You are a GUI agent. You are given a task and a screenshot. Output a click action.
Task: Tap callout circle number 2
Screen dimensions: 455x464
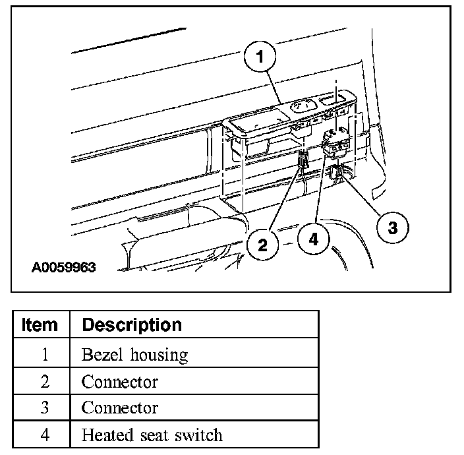coord(263,245)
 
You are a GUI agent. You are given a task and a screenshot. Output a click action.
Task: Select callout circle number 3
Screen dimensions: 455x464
coord(391,228)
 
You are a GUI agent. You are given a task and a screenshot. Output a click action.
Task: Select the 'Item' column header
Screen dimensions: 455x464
coord(40,325)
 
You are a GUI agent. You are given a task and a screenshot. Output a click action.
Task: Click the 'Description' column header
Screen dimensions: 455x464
coord(131,325)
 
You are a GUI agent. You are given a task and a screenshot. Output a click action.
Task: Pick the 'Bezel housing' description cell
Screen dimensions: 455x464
coord(134,354)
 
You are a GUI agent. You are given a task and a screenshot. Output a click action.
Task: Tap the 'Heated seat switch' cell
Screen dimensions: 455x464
coord(152,435)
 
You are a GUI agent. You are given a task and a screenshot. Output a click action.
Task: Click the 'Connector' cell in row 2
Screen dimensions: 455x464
coord(119,381)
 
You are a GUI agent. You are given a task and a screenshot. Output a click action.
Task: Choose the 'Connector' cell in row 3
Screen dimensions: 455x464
coord(119,408)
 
